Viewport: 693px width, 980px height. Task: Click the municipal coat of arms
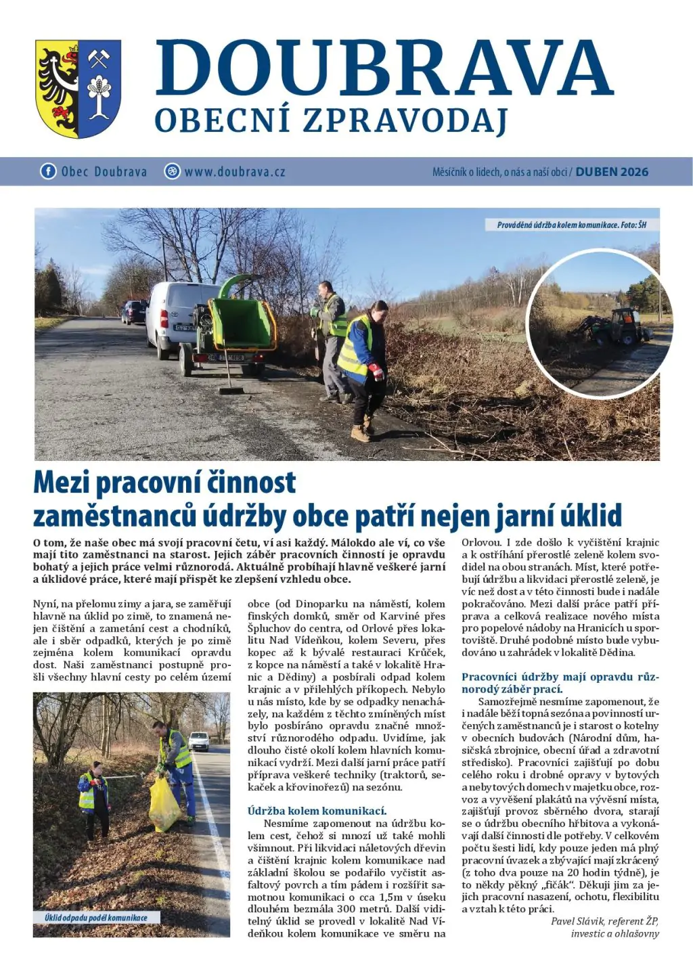[78, 88]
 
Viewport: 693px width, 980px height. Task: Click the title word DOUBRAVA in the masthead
[383, 68]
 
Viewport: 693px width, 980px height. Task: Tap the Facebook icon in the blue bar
[48, 171]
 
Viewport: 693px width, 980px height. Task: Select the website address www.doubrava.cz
[234, 172]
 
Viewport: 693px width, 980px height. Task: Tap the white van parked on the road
[172, 318]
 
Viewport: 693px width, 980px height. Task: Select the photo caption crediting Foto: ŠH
[571, 225]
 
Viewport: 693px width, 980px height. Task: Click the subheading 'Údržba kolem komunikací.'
[317, 811]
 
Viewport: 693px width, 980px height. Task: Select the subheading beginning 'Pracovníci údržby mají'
[560, 683]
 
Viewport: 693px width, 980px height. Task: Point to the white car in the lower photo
[199, 741]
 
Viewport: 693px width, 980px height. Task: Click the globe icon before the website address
[172, 171]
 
